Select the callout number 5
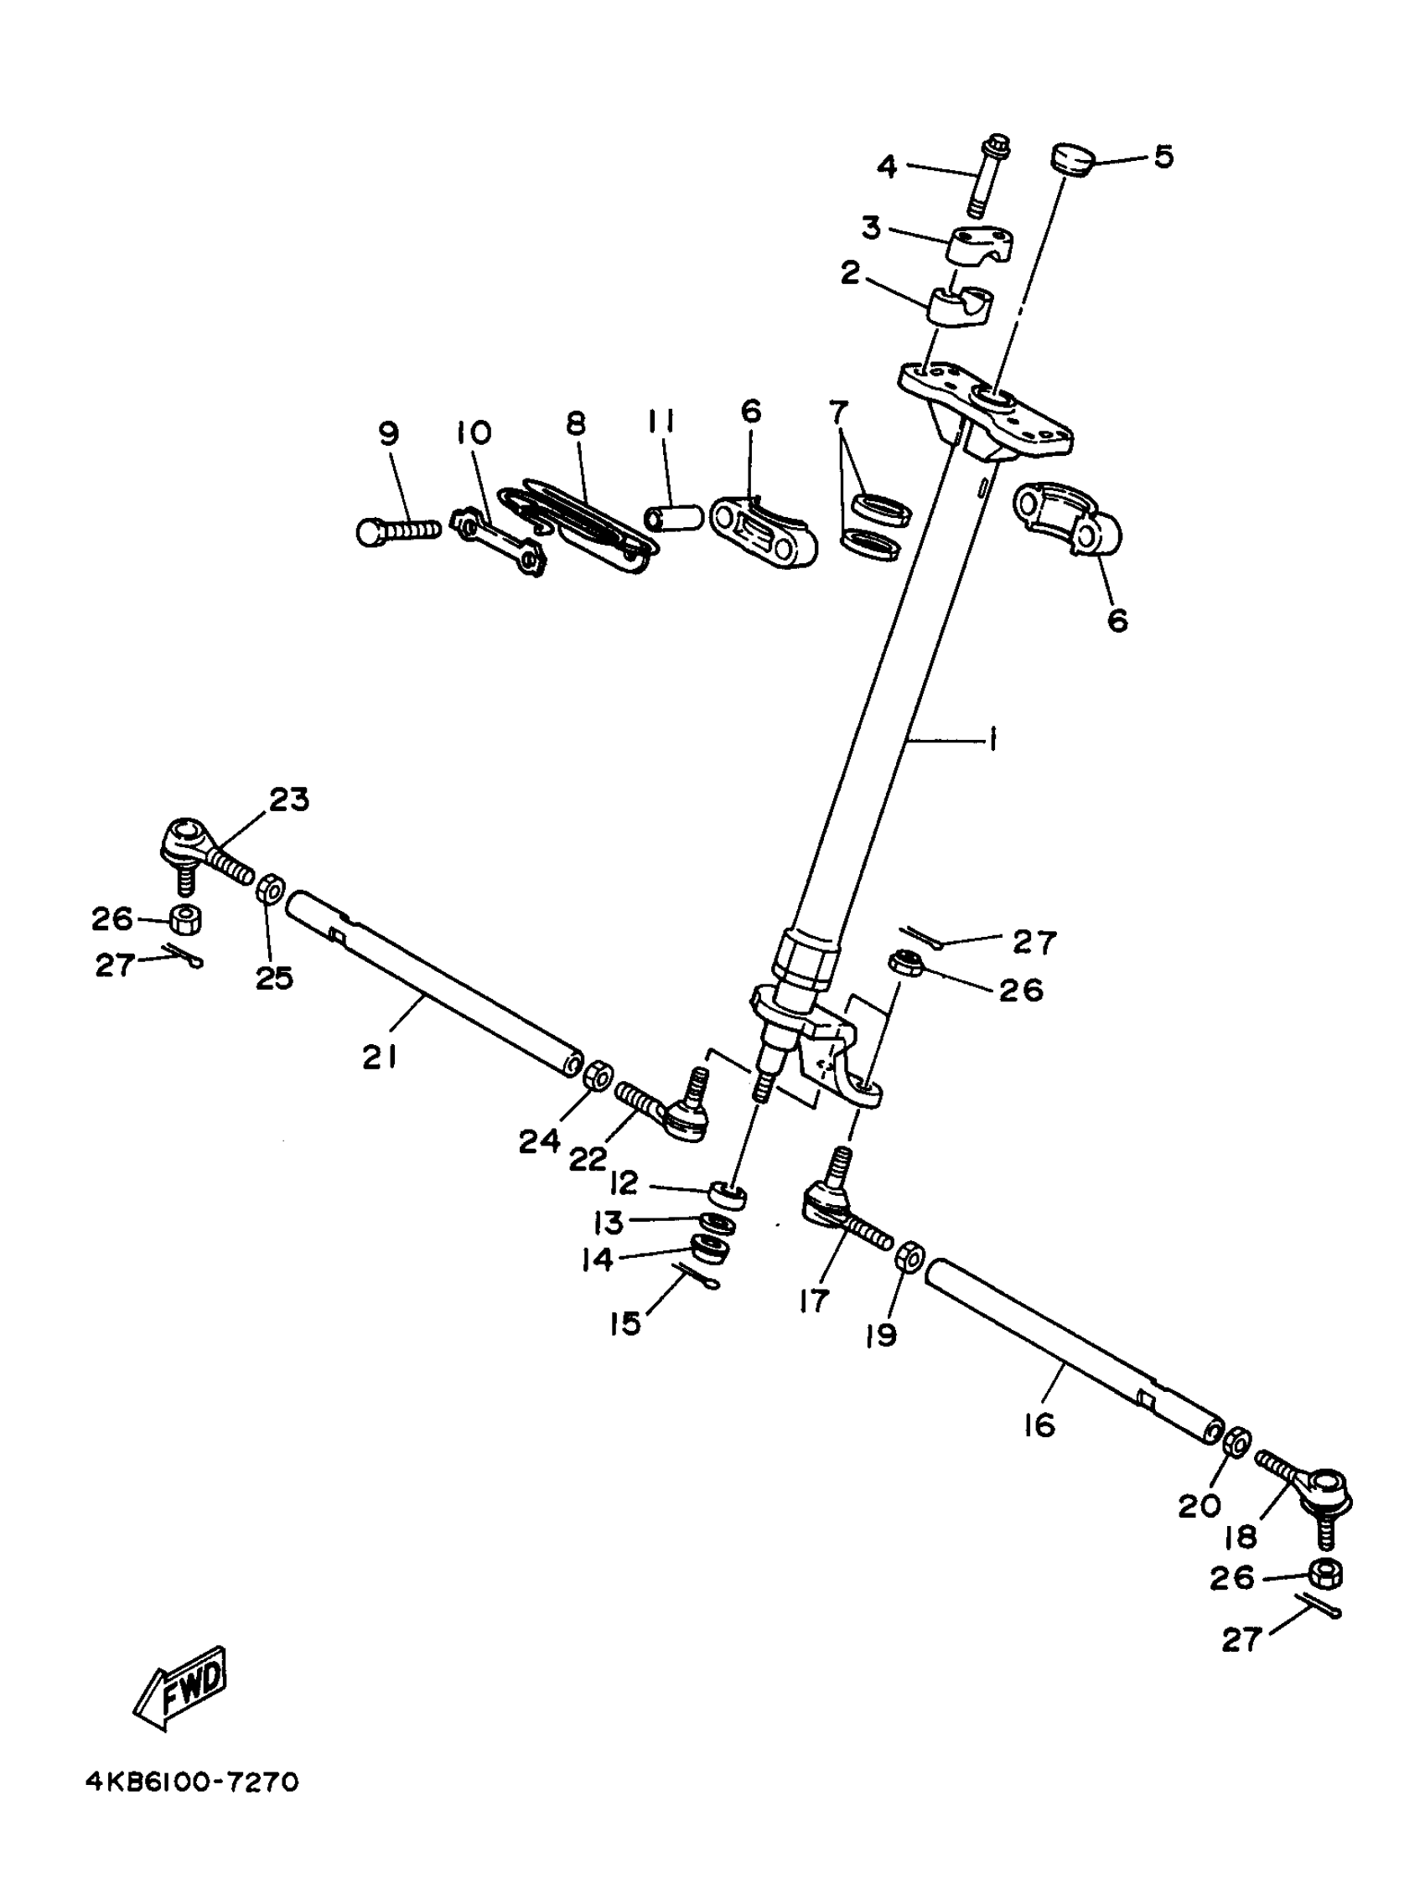click(1163, 157)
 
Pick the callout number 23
click(289, 799)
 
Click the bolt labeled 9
click(397, 530)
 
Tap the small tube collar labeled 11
click(672, 518)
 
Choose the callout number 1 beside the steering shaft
click(992, 741)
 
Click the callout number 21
click(380, 1058)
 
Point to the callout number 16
click(1039, 1424)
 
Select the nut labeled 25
click(271, 892)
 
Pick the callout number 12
click(624, 1182)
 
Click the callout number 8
click(577, 422)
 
